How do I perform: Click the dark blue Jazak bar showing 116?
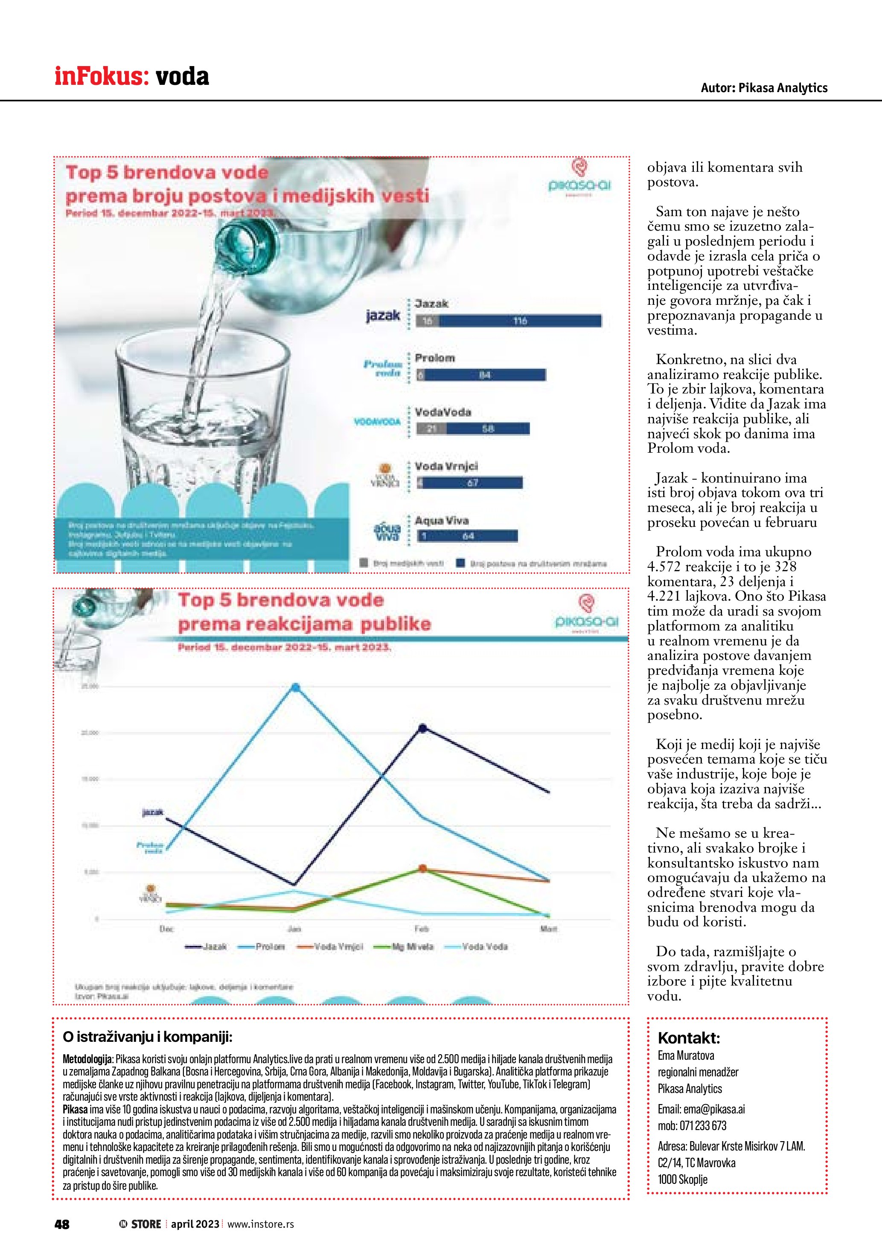[520, 321]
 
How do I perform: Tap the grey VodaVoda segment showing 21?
[431, 429]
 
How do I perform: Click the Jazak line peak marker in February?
[422, 728]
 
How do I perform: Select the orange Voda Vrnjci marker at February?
[422, 868]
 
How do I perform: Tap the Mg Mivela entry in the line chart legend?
[412, 946]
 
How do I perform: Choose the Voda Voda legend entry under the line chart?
[484, 946]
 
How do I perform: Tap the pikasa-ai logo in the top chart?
[579, 176]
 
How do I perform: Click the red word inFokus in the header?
[102, 77]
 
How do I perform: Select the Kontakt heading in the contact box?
[689, 1038]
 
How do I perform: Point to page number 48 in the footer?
[62, 1224]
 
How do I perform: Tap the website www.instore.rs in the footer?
[261, 1224]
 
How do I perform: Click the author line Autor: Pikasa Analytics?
[764, 88]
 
